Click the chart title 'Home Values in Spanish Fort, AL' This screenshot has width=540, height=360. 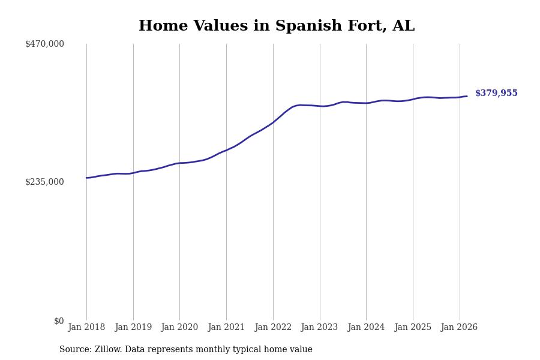(276, 26)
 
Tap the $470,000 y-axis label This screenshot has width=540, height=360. (44, 44)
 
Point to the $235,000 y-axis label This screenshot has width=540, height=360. (44, 182)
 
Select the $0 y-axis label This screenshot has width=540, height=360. (59, 321)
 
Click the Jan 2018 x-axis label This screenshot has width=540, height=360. (86, 328)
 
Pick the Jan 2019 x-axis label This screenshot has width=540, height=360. (133, 328)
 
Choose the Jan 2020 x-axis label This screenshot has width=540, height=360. (179, 328)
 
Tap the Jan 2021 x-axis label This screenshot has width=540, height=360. (226, 328)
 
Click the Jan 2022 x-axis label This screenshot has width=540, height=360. (273, 328)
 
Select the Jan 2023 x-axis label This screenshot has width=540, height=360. (319, 328)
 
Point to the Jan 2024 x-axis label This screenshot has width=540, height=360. (366, 328)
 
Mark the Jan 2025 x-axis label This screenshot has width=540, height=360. (413, 328)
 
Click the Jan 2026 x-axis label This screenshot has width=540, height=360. (459, 328)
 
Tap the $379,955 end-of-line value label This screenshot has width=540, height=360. (496, 94)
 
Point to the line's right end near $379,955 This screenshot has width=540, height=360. (467, 96)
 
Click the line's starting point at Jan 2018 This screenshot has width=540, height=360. (86, 178)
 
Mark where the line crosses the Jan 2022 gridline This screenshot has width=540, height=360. (273, 122)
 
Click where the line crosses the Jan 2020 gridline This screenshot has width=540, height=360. (179, 163)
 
